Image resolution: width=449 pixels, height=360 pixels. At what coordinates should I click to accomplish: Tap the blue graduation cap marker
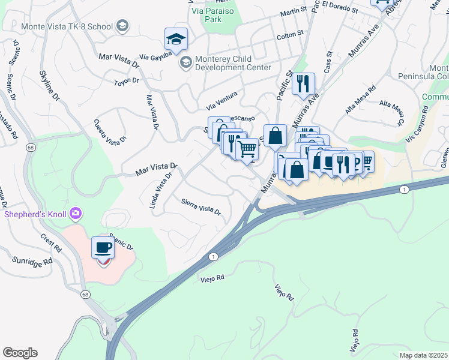(176, 39)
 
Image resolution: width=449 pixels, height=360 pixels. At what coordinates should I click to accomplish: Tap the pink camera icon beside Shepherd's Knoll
(76, 213)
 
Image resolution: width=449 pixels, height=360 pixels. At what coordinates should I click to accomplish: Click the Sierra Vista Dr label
(201, 209)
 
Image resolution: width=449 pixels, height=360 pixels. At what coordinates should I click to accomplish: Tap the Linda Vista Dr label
(160, 189)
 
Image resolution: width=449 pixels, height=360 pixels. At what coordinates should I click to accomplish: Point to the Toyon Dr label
(126, 81)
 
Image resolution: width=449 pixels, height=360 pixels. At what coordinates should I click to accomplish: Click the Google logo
(20, 353)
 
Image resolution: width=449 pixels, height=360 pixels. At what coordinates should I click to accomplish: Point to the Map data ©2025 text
(423, 355)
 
